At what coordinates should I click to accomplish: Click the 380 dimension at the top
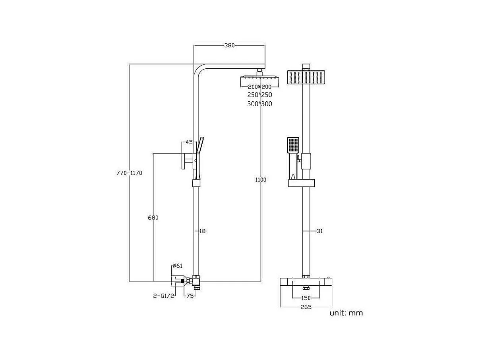click(230, 45)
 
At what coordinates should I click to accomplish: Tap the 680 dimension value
click(153, 217)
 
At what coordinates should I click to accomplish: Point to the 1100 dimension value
click(261, 180)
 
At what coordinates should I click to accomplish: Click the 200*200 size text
click(259, 87)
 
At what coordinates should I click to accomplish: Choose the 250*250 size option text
click(259, 95)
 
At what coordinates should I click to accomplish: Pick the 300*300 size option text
click(259, 104)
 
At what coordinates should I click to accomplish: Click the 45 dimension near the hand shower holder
click(189, 142)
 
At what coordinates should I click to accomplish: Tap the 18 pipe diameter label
click(202, 231)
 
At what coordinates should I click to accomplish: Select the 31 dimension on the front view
click(319, 231)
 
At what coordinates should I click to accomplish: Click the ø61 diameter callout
click(177, 266)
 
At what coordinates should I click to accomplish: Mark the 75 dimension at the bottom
click(190, 296)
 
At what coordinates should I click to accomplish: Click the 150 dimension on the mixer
click(306, 298)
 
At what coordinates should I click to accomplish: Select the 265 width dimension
click(306, 307)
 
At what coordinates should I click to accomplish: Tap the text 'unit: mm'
click(346, 313)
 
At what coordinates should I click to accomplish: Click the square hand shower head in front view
click(293, 145)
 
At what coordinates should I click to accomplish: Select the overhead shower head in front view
click(306, 77)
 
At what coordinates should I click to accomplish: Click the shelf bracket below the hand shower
click(302, 183)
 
